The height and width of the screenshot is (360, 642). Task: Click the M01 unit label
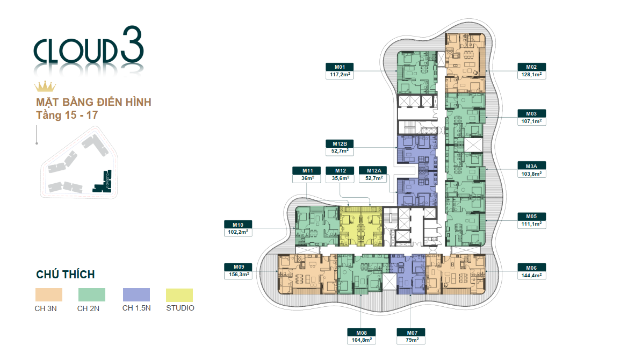[341, 67]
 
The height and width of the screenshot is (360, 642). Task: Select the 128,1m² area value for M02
[531, 75]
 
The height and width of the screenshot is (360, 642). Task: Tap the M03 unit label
[531, 113]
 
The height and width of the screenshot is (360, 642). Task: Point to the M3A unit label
[531, 165]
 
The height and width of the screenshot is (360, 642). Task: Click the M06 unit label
[531, 267]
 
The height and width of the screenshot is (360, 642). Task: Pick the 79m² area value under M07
[411, 340]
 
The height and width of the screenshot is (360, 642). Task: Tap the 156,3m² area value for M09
[239, 275]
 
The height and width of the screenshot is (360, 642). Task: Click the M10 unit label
[239, 224]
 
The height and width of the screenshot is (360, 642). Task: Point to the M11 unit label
[307, 170]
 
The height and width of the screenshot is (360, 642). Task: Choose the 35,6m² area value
[341, 178]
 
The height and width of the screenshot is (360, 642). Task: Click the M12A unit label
[373, 170]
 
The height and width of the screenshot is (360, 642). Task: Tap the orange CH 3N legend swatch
[49, 294]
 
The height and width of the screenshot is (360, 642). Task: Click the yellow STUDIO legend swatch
[179, 294]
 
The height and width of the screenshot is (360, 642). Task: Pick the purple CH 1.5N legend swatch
[136, 294]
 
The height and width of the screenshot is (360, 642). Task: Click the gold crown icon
[45, 87]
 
